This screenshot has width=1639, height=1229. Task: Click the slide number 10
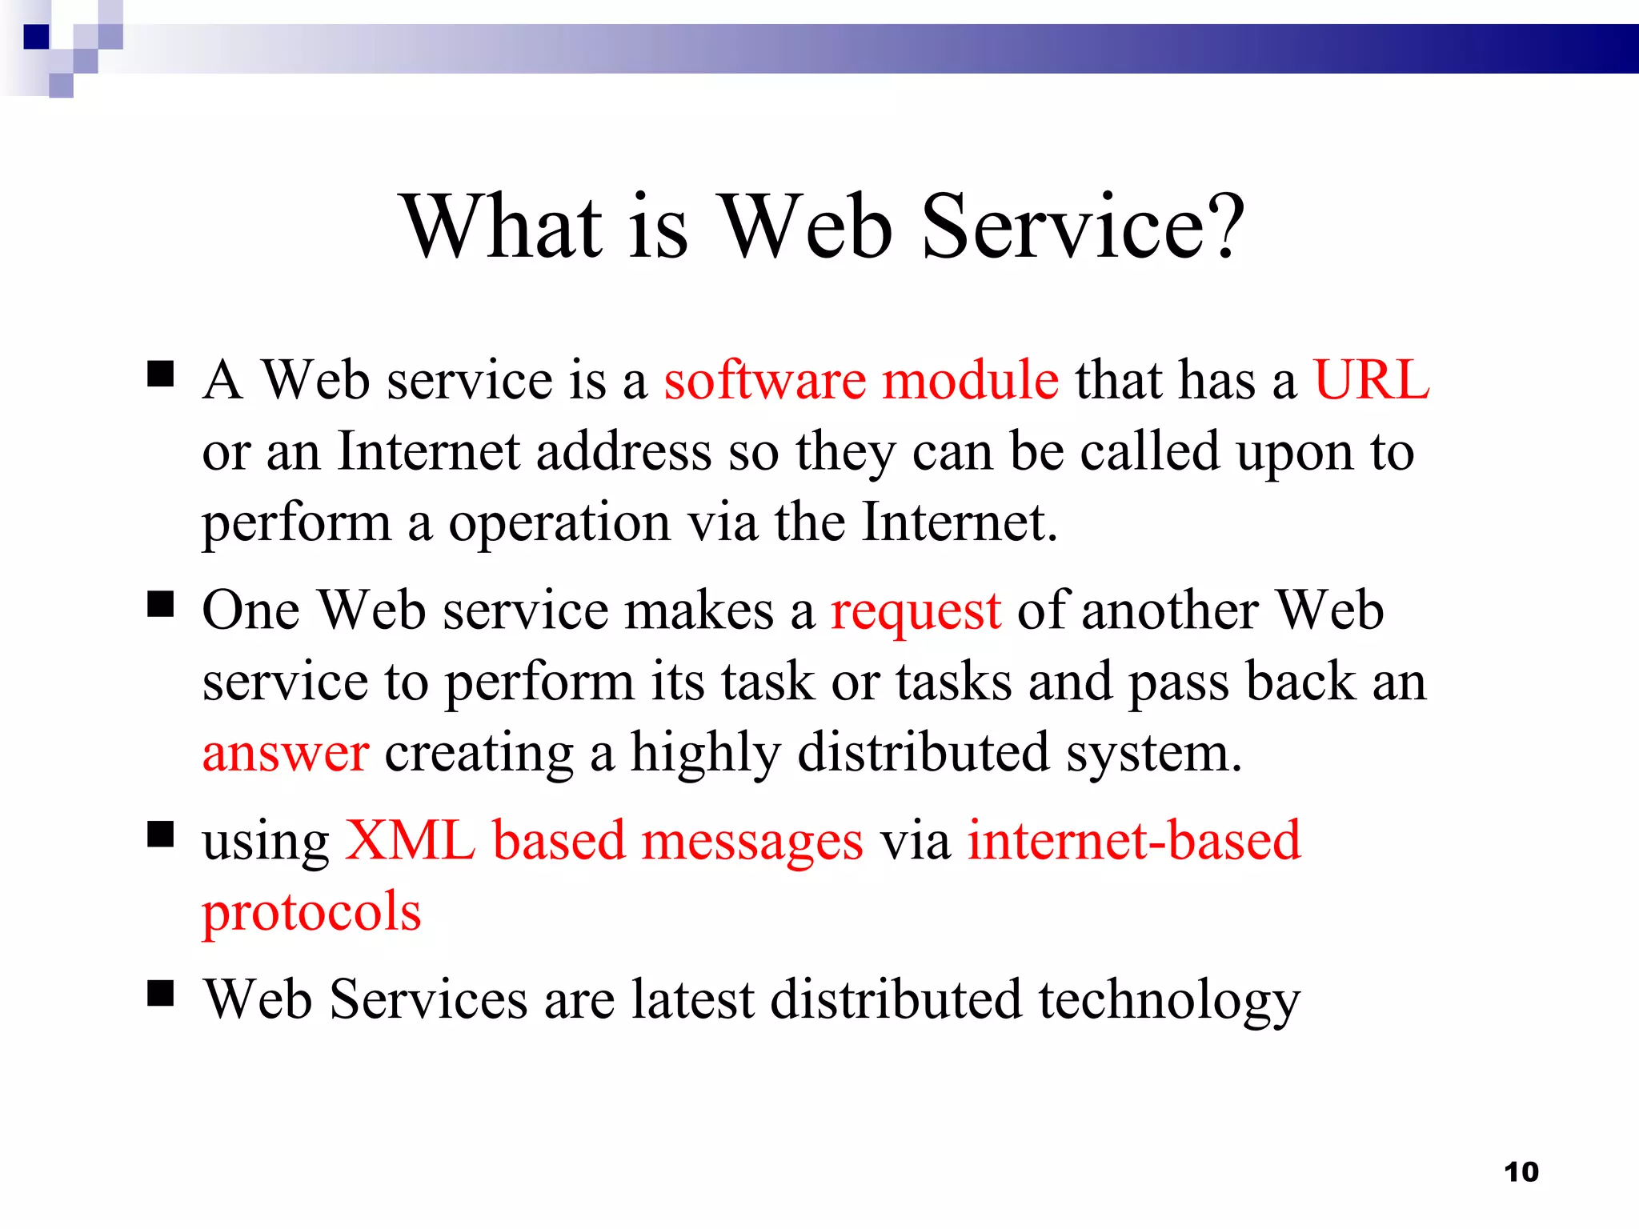point(1521,1172)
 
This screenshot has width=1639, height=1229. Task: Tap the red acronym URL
point(1371,379)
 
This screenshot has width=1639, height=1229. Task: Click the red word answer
point(286,754)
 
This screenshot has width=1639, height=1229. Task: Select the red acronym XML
point(410,841)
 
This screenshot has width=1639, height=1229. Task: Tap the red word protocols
point(311,913)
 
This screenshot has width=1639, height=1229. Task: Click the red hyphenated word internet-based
point(1134,841)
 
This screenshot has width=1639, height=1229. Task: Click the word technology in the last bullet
point(1169,1001)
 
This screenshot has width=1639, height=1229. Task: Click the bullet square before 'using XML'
point(161,835)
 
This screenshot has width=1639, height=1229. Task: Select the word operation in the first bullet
point(559,524)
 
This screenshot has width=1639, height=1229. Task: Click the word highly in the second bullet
point(705,754)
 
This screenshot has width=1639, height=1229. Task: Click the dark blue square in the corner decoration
point(37,37)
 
